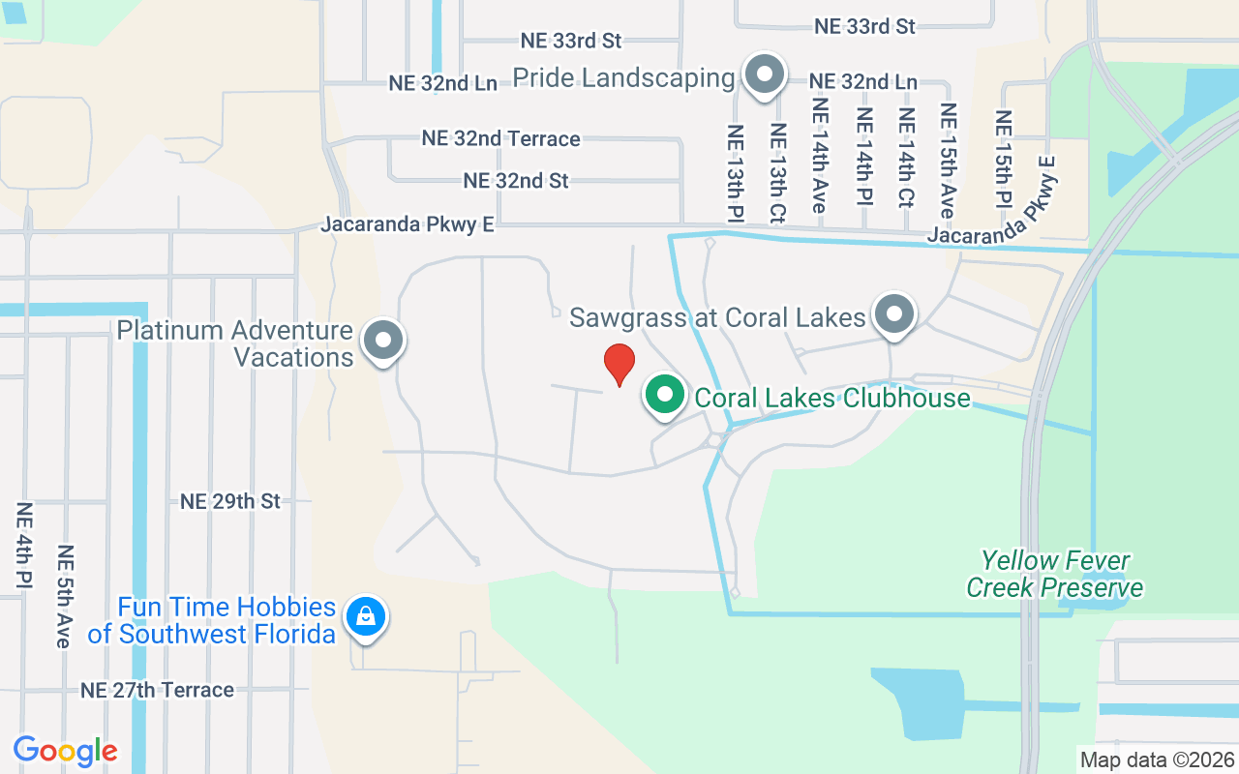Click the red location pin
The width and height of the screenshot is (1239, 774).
(x=619, y=364)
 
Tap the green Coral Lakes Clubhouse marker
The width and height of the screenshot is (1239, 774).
(x=663, y=396)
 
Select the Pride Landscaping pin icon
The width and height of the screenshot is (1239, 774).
(x=765, y=74)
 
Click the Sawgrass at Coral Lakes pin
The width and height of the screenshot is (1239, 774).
(x=894, y=314)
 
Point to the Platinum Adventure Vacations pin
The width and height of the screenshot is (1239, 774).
(x=383, y=341)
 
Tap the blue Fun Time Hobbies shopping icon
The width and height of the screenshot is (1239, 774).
(x=366, y=614)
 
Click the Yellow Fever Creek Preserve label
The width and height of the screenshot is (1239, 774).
(x=1054, y=574)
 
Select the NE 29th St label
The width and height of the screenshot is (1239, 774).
(x=230, y=501)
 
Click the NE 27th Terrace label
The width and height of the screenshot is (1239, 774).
(x=157, y=690)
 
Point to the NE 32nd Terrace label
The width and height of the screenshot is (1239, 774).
(x=500, y=138)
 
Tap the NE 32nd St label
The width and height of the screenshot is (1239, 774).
(x=516, y=181)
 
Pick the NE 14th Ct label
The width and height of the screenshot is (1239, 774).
(x=906, y=157)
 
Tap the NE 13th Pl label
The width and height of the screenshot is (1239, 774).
(x=735, y=171)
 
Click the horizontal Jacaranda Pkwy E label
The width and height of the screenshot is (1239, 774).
(x=408, y=224)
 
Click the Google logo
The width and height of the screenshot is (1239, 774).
(x=66, y=751)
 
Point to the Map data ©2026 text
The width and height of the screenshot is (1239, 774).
(x=1157, y=759)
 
